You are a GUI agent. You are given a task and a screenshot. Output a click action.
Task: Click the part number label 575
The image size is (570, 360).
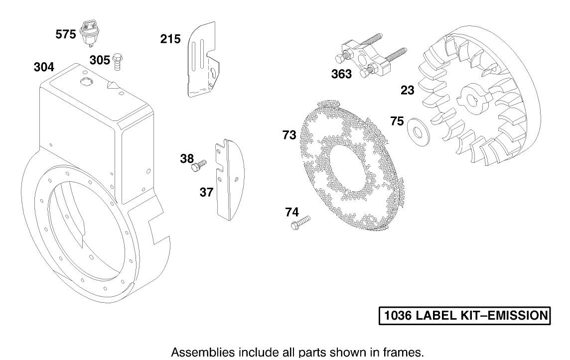click(66, 35)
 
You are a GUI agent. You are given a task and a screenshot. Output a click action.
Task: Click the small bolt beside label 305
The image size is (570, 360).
click(119, 60)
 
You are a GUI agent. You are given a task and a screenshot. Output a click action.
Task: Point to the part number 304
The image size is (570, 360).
click(44, 67)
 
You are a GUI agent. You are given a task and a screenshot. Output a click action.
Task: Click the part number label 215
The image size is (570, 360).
click(170, 38)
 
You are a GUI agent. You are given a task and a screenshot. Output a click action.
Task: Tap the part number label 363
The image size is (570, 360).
click(342, 74)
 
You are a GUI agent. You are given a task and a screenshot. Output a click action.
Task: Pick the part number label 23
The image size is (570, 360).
click(408, 90)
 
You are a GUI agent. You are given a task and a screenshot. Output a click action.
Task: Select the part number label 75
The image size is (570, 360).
click(397, 121)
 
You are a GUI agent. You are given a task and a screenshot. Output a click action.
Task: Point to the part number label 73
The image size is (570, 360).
click(289, 134)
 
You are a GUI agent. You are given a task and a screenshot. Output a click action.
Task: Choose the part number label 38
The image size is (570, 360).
click(187, 158)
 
